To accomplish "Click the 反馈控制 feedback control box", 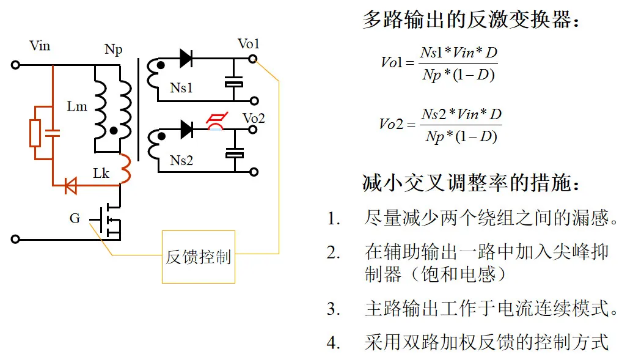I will coord(199,257).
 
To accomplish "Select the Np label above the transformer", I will coord(113,50).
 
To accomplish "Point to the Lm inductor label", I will coord(77,106).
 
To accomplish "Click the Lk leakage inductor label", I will coord(101,174).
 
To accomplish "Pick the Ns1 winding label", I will coord(181,88).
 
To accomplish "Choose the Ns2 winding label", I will coord(181,161).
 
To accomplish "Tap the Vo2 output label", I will coord(254,118).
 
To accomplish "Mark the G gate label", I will coord(75,218).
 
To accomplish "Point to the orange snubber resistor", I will coord(35,133).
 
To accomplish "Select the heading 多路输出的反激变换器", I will coord(470,20).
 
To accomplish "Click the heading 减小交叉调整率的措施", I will coord(470,183).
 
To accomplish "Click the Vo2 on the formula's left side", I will coord(391,124).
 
